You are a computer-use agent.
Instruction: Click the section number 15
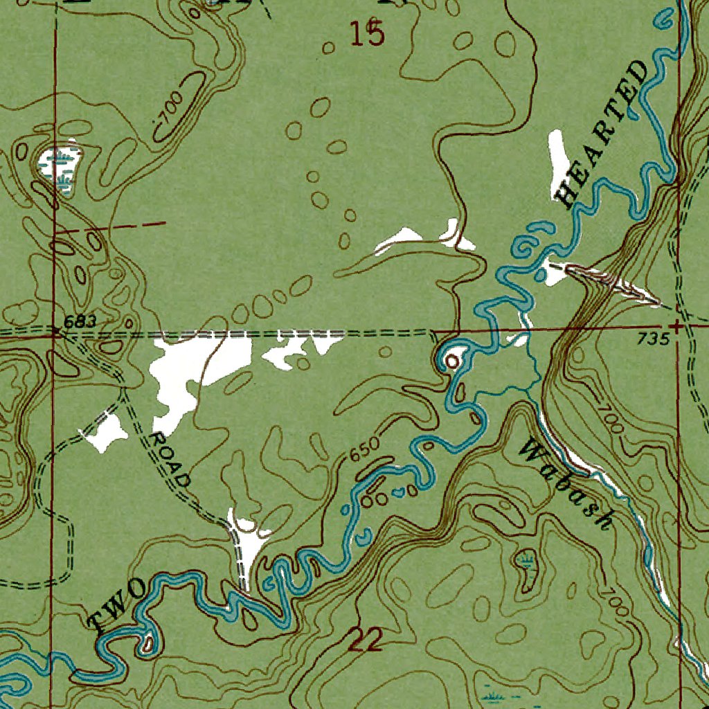pyautogui.click(x=366, y=33)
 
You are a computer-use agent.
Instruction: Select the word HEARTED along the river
pyautogui.click(x=603, y=135)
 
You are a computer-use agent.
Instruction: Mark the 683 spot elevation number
pyautogui.click(x=78, y=322)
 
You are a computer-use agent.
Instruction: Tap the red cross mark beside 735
pyautogui.click(x=676, y=324)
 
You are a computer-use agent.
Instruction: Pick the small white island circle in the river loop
pyautogui.click(x=454, y=361)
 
